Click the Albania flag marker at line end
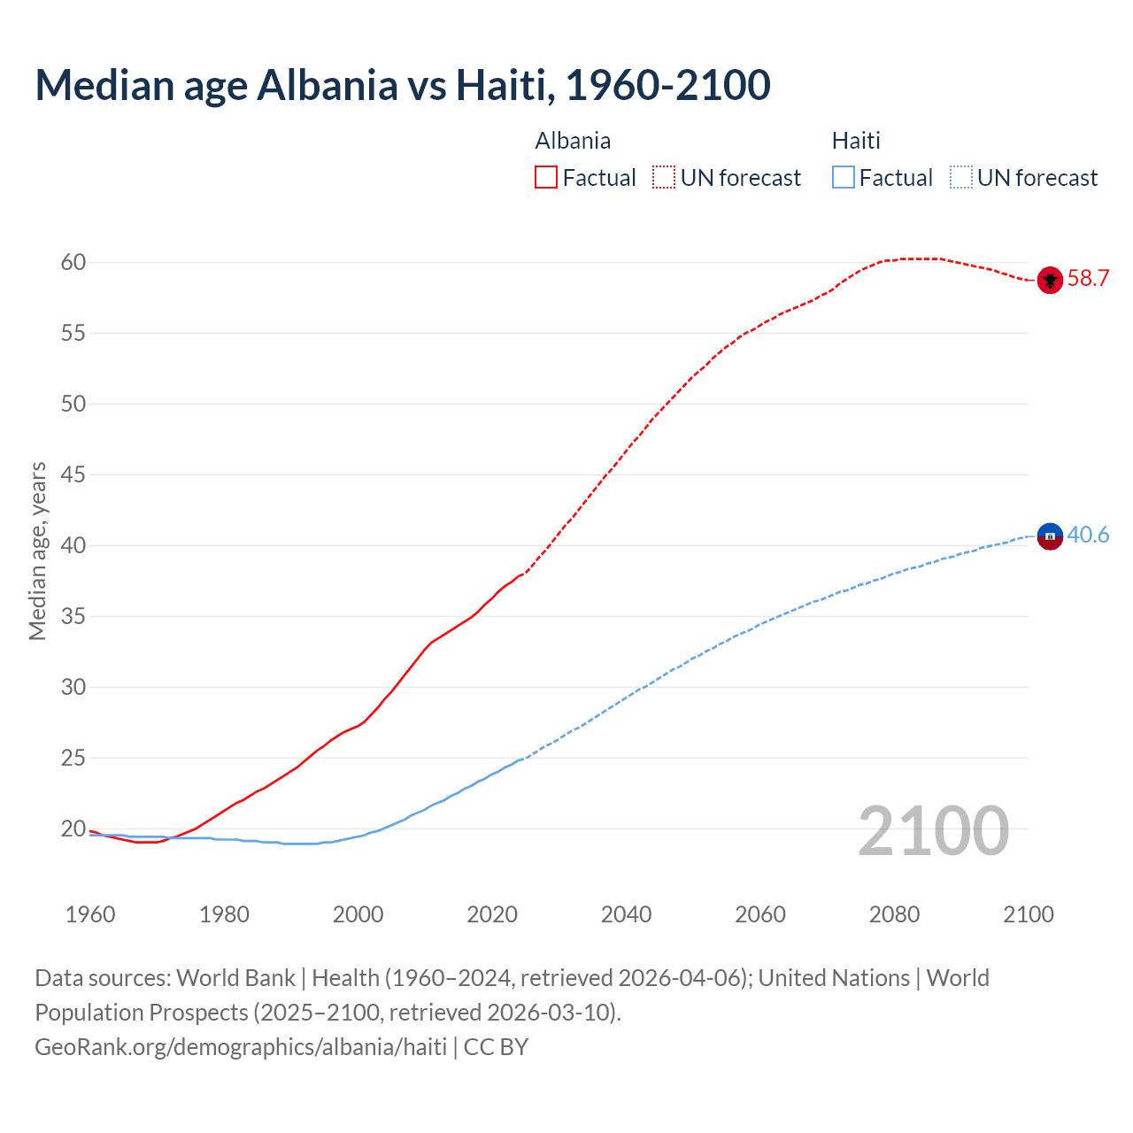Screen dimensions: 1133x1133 (x=1050, y=280)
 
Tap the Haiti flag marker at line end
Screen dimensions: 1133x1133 (x=1050, y=536)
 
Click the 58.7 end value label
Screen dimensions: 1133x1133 (x=1088, y=278)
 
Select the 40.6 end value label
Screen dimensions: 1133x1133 (x=1088, y=535)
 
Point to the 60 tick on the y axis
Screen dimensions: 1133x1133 (x=73, y=262)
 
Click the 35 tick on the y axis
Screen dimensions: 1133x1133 (x=73, y=616)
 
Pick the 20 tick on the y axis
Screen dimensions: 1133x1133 (x=73, y=829)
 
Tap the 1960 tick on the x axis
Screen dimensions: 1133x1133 (x=90, y=914)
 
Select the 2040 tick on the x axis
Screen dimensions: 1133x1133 (x=626, y=914)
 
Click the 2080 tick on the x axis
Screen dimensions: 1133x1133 (x=894, y=914)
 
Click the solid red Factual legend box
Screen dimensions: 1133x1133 (x=546, y=177)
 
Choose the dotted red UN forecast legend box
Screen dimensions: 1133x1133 (x=664, y=177)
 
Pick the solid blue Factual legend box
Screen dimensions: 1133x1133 (x=844, y=177)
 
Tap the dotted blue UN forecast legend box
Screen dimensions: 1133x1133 (x=960, y=177)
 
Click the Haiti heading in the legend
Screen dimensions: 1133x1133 (x=856, y=141)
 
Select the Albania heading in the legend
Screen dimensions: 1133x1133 (x=573, y=141)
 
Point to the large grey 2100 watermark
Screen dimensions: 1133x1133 (x=934, y=830)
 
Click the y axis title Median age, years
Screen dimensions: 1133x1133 (x=37, y=551)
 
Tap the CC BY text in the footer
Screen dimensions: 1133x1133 (x=496, y=1046)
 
